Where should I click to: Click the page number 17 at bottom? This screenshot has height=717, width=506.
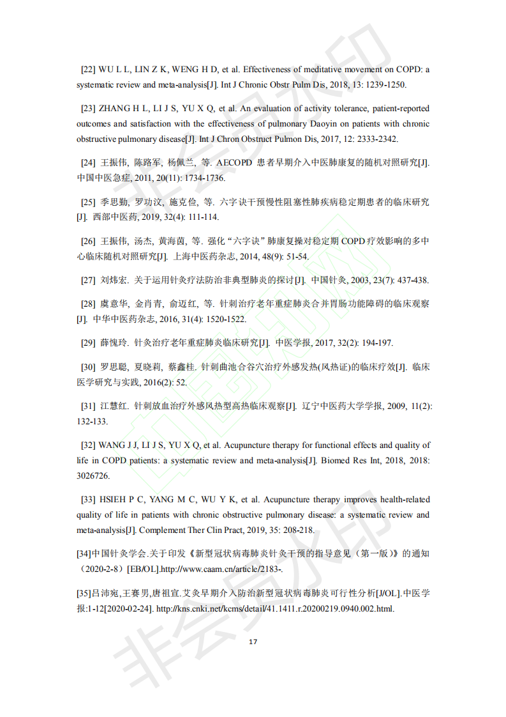[x=253, y=642]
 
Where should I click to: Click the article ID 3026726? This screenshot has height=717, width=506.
[x=93, y=476]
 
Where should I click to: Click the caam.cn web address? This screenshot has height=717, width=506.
[x=216, y=569]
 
